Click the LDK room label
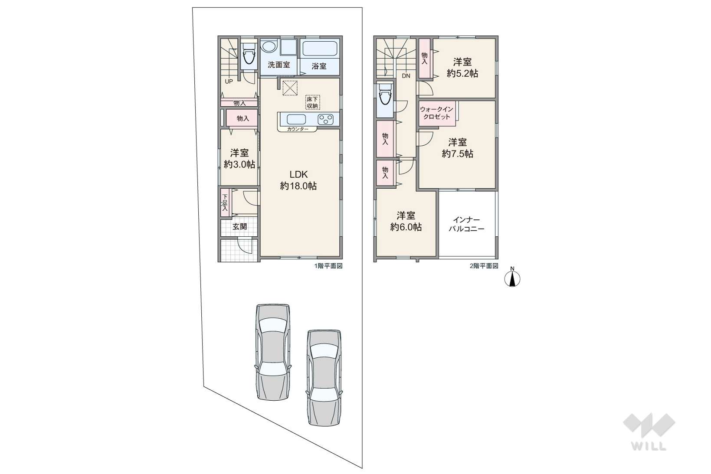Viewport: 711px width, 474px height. [298, 174]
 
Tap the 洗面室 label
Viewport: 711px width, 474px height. [279, 65]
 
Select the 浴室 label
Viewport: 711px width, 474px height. [319, 66]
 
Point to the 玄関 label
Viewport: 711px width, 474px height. [239, 226]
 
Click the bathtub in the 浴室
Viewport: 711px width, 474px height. [319, 49]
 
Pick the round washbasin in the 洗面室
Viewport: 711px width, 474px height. [269, 47]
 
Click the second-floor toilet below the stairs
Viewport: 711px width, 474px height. [385, 94]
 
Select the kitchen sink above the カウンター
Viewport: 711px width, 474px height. [296, 120]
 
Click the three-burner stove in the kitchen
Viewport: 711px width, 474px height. [326, 120]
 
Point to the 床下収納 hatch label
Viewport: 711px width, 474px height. [313, 102]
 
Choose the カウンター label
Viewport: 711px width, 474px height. [298, 129]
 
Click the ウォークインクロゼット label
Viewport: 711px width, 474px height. [437, 113]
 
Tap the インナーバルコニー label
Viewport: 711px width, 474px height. [466, 224]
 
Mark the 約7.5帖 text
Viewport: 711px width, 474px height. [457, 154]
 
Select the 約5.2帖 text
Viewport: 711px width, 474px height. [462, 74]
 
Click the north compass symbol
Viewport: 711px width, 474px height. [512, 278]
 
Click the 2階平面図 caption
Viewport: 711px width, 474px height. [484, 266]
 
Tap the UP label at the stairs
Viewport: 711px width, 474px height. [229, 81]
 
